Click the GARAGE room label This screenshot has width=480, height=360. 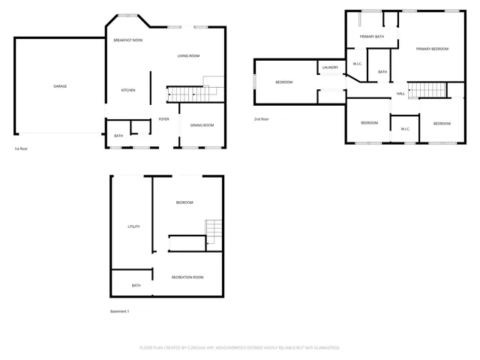60,86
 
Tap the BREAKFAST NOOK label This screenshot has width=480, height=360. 128,40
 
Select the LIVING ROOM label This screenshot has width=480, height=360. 188,56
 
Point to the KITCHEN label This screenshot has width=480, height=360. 128,91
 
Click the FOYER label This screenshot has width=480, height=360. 163,119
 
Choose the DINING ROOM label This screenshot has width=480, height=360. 202,125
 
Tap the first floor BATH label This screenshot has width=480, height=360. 118,136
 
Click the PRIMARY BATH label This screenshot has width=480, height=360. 371,37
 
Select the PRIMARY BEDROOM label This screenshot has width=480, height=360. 432,49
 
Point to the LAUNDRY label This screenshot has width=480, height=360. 331,68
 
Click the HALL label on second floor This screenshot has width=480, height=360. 401,94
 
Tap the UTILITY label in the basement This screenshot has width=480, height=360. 133,226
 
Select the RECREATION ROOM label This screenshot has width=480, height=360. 187,277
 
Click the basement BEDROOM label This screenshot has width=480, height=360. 184,202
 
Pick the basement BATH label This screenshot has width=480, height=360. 136,286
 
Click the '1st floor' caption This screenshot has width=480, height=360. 22,148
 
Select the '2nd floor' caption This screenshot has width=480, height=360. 262,118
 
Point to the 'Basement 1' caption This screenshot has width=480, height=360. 120,311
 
